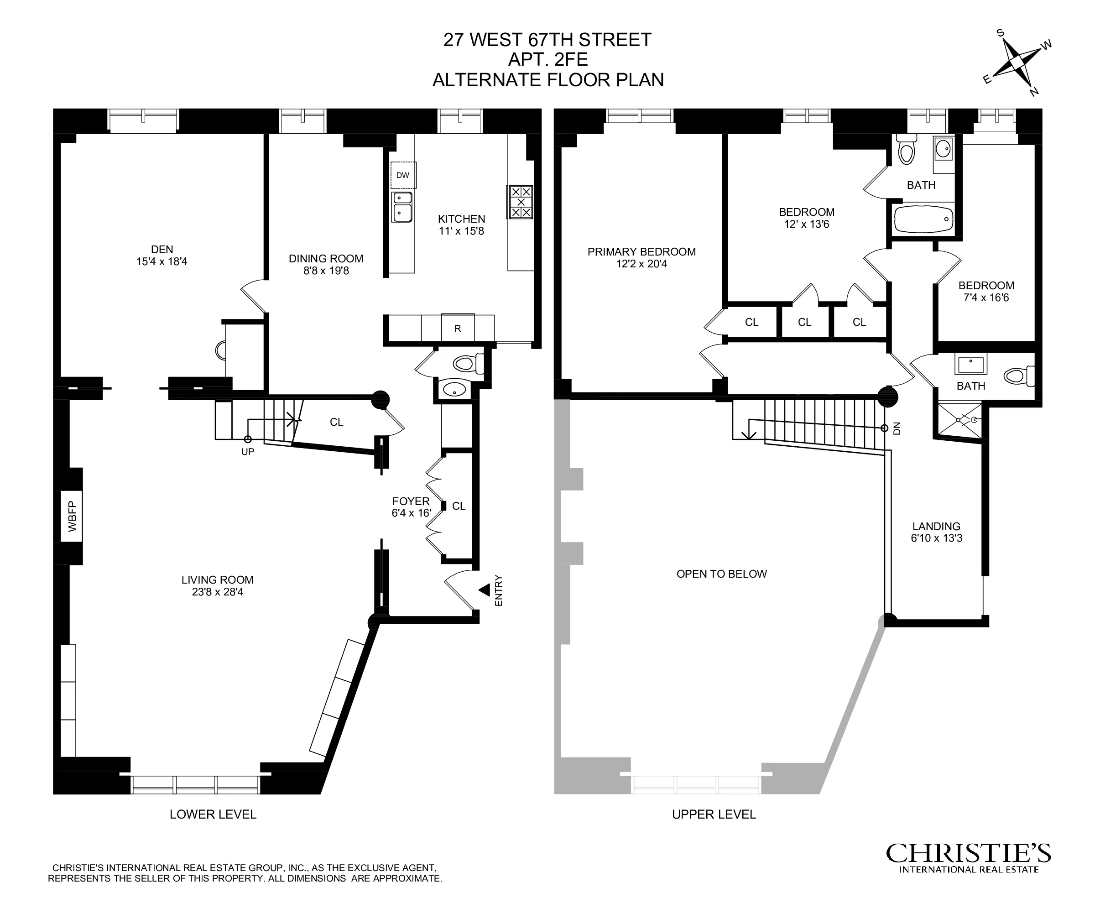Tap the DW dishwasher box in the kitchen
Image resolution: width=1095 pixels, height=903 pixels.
point(403,175)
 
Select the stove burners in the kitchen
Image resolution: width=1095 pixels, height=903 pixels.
point(521,202)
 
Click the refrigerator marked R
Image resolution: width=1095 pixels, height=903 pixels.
point(457,328)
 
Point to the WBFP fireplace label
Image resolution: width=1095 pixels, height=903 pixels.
point(72,516)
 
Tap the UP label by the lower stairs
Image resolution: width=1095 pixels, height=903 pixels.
point(248,452)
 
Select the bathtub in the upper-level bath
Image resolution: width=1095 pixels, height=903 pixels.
point(923,219)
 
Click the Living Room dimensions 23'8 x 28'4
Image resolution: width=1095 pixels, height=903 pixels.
point(218,592)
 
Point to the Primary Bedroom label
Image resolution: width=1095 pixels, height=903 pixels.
point(641,252)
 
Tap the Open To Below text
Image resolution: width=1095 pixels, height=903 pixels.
point(721,574)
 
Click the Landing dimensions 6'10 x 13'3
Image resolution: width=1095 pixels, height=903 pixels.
point(936,538)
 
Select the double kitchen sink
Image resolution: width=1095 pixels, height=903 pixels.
point(402,207)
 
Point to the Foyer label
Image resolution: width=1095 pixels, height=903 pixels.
point(411,501)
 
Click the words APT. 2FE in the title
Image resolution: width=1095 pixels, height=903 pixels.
point(548,59)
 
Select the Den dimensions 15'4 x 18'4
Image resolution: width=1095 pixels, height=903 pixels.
point(162,261)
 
